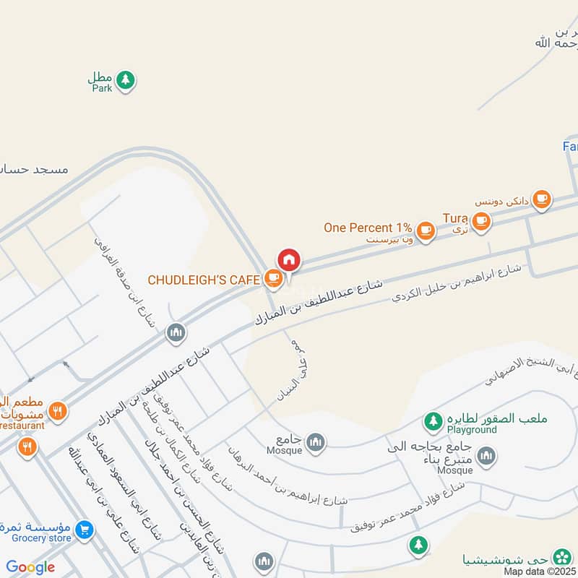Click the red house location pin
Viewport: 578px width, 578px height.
click(x=289, y=260)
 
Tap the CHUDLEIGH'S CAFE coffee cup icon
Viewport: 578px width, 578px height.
click(x=272, y=277)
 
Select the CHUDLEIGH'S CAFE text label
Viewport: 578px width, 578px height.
click(x=204, y=279)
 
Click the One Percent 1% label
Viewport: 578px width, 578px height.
click(x=368, y=228)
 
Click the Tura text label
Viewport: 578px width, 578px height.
click(x=455, y=218)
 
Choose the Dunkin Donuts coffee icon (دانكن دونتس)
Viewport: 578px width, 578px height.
click(x=541, y=199)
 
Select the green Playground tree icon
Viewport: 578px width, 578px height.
click(x=433, y=420)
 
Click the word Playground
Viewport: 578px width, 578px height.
click(x=472, y=430)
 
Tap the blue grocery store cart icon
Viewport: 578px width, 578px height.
click(x=85, y=530)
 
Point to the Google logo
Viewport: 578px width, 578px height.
click(x=30, y=567)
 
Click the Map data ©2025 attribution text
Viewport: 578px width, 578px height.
click(x=540, y=571)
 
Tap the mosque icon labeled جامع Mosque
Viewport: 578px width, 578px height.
click(x=315, y=442)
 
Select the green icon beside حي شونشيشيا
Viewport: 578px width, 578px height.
click(x=561, y=558)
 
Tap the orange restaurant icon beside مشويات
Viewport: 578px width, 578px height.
click(x=58, y=412)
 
